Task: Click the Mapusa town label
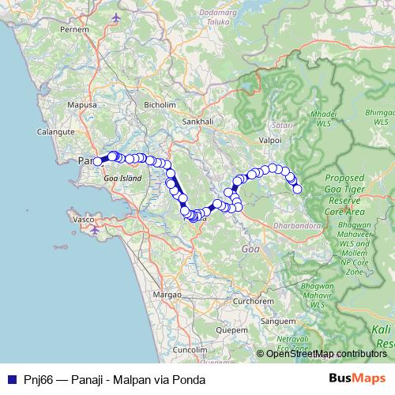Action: [x=81, y=104]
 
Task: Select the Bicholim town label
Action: [x=160, y=103]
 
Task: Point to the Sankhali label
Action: [x=198, y=122]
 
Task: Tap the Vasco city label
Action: [x=83, y=217]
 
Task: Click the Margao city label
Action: [x=167, y=294]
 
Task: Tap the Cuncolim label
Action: [x=190, y=348]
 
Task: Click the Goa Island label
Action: [x=122, y=179]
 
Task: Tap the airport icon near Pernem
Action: [x=117, y=17]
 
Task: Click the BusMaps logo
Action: [x=356, y=379]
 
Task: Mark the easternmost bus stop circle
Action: [x=298, y=189]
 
